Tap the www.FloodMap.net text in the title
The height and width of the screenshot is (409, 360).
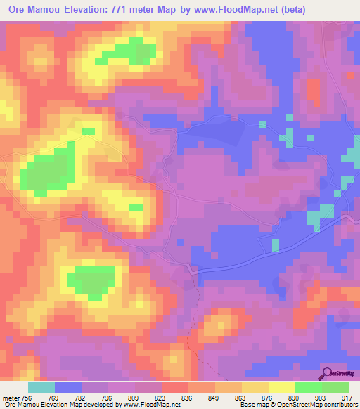tap(241, 11)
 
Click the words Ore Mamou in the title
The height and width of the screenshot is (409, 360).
tap(30, 11)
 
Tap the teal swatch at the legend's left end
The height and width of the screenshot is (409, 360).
tap(41, 387)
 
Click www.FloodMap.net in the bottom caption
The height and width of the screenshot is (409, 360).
tap(149, 404)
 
